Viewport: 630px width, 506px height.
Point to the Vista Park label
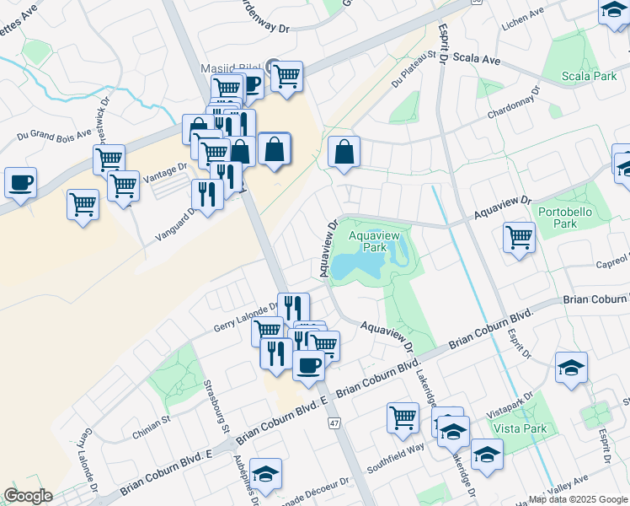click(x=521, y=428)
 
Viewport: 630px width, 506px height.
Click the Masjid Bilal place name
click(x=228, y=67)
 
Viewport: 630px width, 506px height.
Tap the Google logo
click(x=28, y=496)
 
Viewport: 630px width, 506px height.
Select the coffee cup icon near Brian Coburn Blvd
click(x=309, y=364)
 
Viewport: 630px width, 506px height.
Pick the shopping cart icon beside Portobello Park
click(x=519, y=236)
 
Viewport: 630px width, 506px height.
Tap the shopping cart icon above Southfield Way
click(x=403, y=416)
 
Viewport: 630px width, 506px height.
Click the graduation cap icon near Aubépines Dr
click(x=266, y=474)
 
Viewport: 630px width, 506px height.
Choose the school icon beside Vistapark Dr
click(x=572, y=368)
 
